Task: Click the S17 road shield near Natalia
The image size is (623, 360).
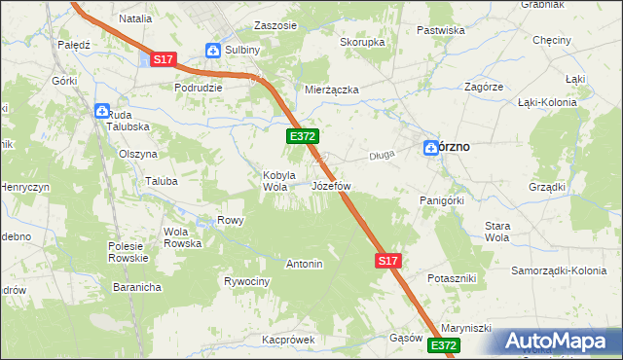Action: click(164, 59)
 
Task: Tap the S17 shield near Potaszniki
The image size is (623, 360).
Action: click(387, 261)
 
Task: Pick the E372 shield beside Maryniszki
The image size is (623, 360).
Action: click(443, 345)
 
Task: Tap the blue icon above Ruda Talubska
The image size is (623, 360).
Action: click(102, 111)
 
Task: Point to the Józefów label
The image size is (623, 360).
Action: click(331, 185)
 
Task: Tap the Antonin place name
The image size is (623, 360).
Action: click(304, 264)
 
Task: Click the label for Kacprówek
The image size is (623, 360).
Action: click(289, 341)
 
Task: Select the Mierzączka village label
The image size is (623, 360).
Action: click(332, 90)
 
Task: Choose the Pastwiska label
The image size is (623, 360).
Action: click(440, 30)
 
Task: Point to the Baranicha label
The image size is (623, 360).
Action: click(135, 287)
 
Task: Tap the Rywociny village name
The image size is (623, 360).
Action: click(246, 282)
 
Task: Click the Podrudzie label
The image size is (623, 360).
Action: click(199, 87)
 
